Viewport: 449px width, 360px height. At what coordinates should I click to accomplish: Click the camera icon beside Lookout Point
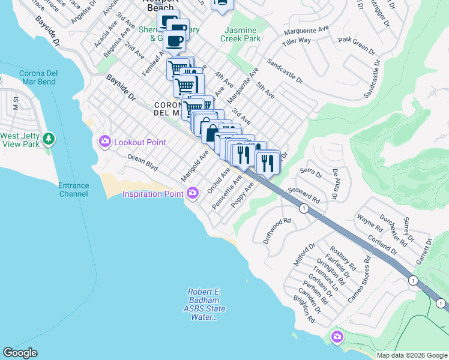tap(105, 141)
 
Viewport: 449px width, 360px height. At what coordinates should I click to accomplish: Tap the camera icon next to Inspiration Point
tap(193, 193)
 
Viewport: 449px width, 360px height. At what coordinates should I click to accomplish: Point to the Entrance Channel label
tap(73, 190)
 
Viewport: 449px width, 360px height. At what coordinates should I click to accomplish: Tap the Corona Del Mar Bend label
tap(38, 77)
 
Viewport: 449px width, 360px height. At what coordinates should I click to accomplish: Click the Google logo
tap(20, 352)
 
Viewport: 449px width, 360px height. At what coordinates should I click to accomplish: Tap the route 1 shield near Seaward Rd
tap(304, 208)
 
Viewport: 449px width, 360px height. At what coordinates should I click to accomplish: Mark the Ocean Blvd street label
tap(142, 162)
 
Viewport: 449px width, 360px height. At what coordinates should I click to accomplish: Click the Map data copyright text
tap(411, 355)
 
